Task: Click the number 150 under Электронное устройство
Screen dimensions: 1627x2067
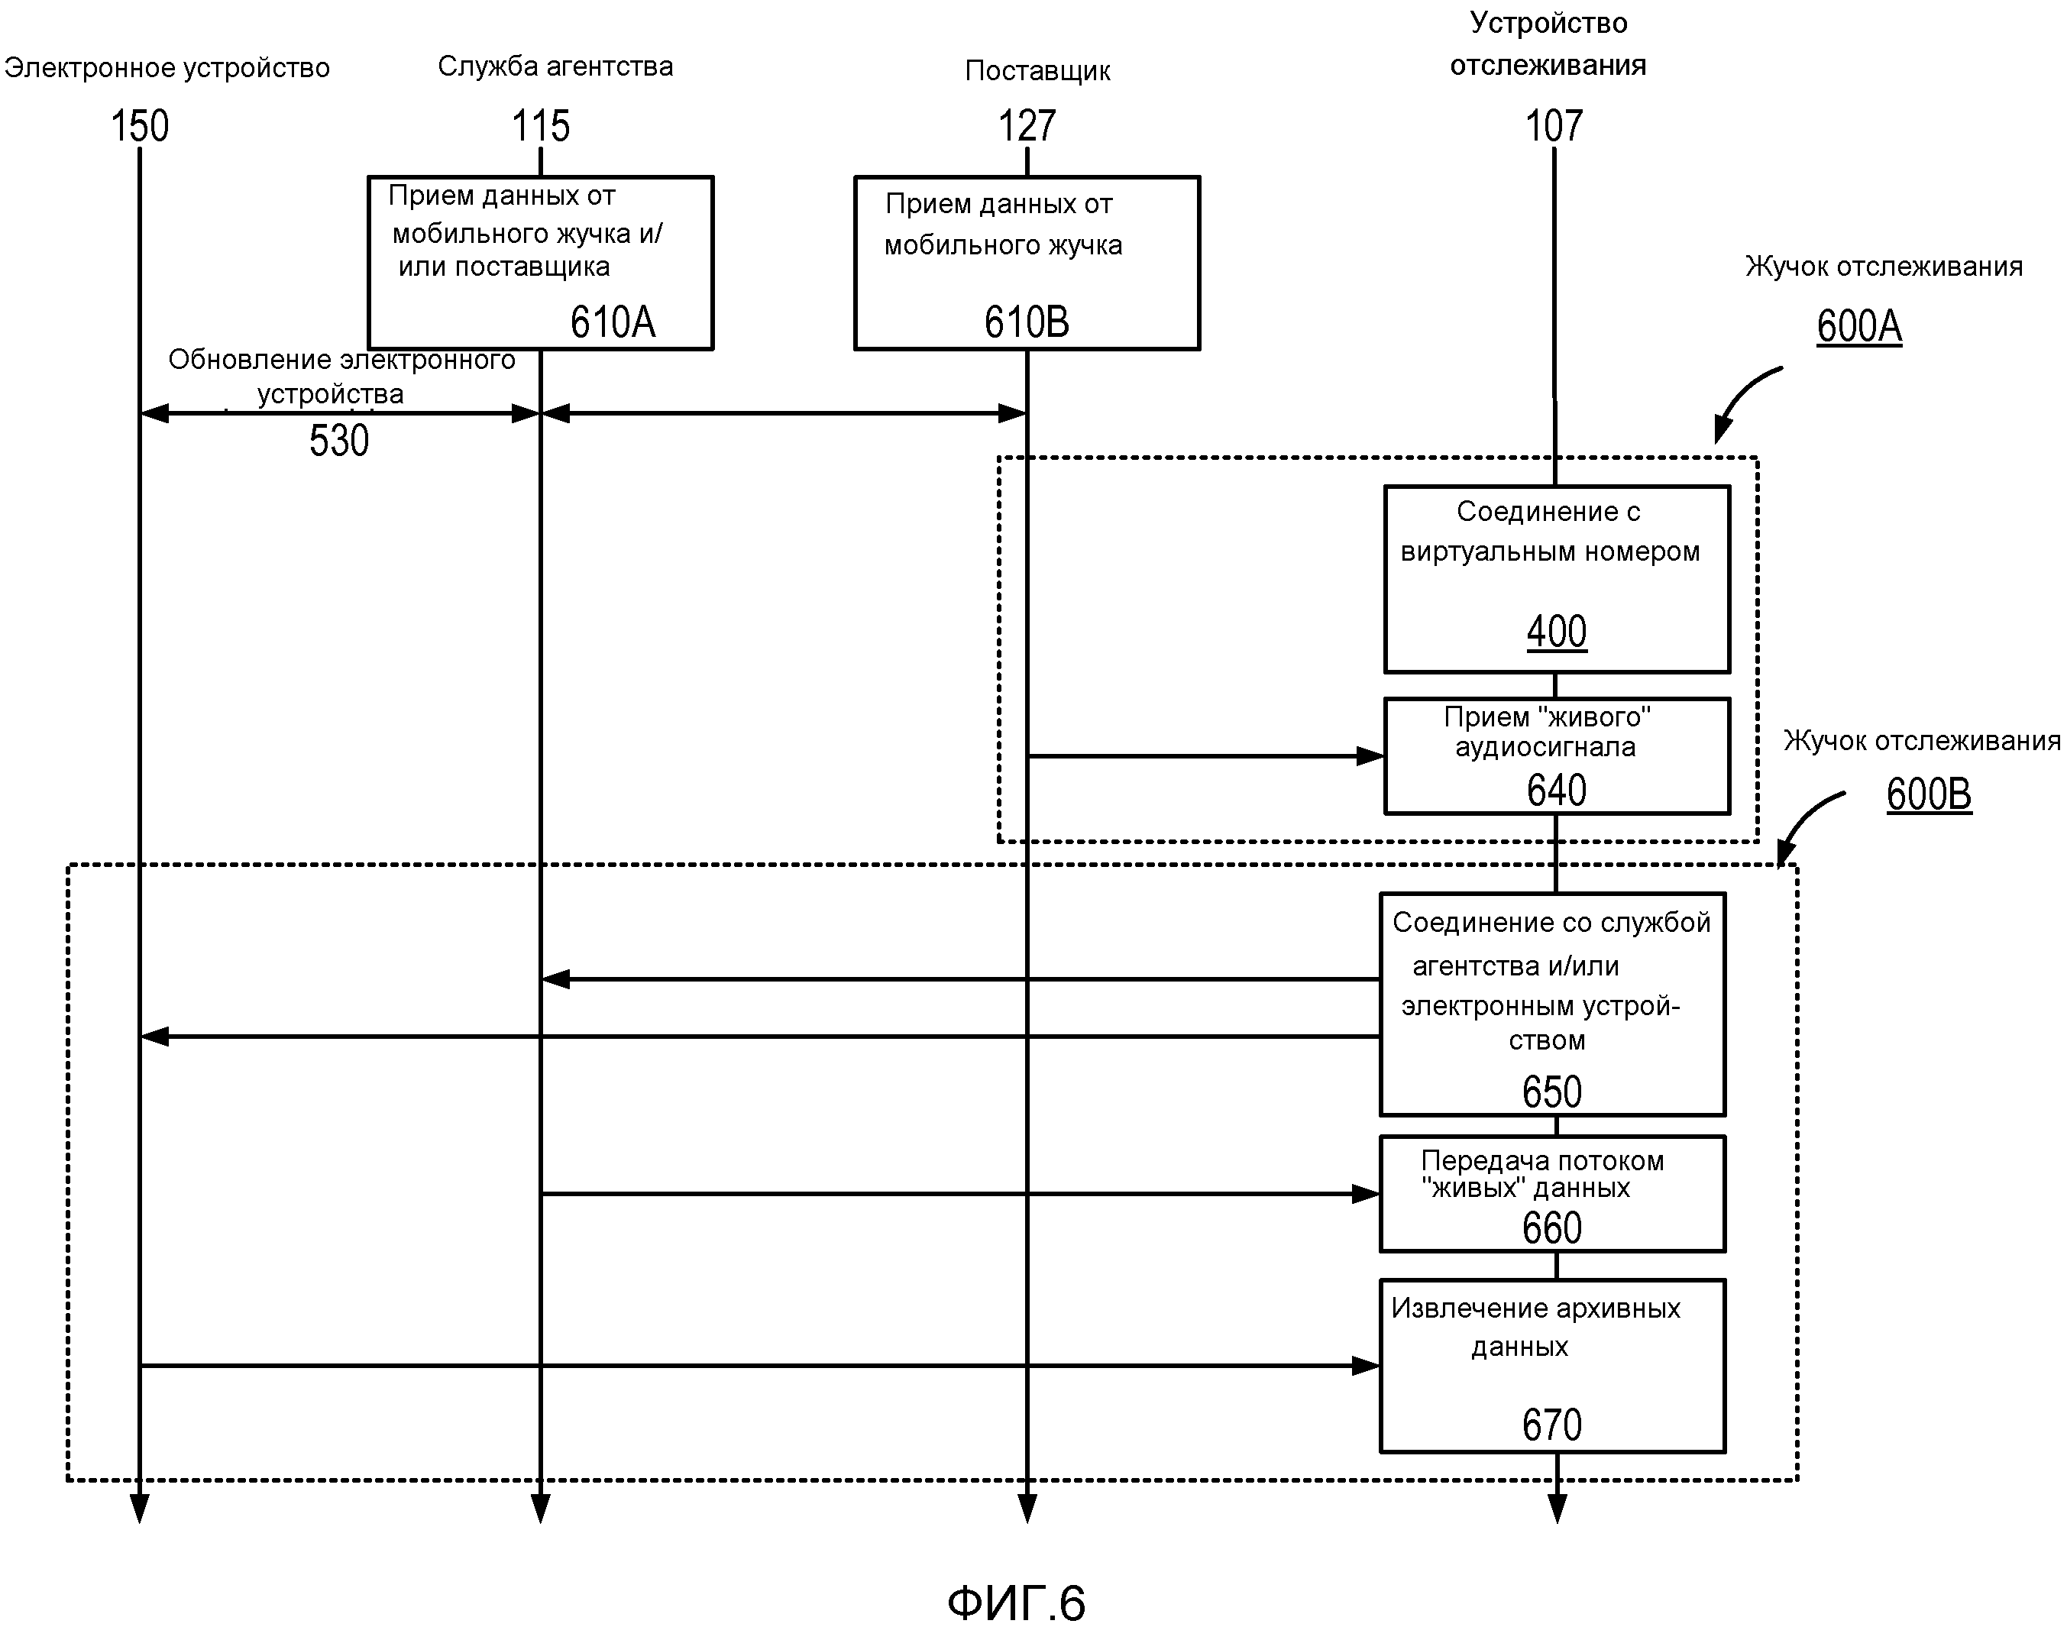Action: click(x=140, y=126)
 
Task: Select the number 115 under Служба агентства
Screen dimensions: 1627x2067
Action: click(x=540, y=126)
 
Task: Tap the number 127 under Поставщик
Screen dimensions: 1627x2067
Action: click(x=1027, y=126)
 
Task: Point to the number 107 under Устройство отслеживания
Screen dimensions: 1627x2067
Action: click(x=1554, y=126)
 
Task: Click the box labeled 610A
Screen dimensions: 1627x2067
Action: click(x=540, y=263)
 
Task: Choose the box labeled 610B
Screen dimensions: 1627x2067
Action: click(x=1027, y=263)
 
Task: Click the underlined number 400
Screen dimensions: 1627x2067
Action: click(x=1557, y=632)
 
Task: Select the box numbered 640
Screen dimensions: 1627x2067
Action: click(x=1557, y=756)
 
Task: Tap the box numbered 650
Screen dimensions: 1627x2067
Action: click(x=1553, y=1004)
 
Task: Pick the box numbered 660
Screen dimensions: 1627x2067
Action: click(x=1553, y=1194)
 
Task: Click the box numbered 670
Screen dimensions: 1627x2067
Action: click(x=1553, y=1366)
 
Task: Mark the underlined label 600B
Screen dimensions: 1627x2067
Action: click(x=1929, y=794)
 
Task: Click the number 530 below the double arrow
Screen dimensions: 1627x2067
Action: click(x=339, y=441)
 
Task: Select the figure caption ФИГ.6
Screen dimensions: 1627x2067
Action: click(x=1017, y=1603)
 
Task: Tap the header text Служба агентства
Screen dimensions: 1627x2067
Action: click(x=555, y=66)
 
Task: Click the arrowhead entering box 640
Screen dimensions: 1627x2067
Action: click(x=1370, y=756)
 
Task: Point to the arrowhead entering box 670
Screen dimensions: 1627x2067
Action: click(x=1366, y=1366)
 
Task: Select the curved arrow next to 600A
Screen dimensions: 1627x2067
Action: click(x=1743, y=400)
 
